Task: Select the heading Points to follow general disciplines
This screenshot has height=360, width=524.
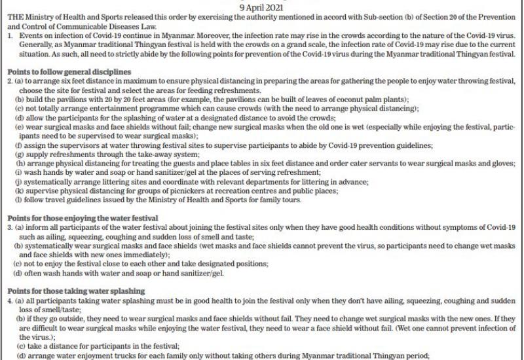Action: [x=68, y=71]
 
